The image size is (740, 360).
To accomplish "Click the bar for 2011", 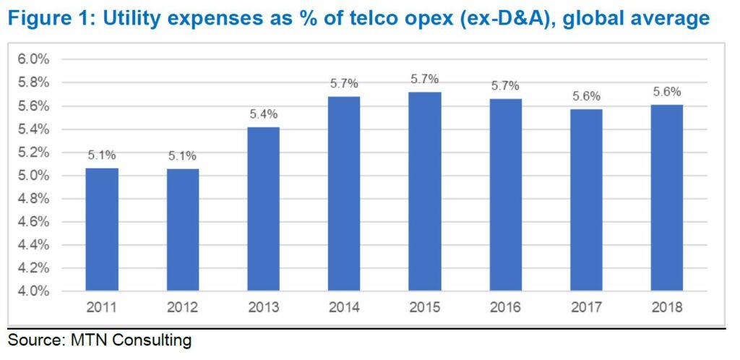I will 102,229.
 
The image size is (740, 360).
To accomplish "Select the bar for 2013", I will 263,209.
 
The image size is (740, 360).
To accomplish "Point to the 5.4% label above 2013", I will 263,114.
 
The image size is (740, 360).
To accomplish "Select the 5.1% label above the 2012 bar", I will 182,155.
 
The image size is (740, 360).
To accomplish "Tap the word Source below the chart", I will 33,339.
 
